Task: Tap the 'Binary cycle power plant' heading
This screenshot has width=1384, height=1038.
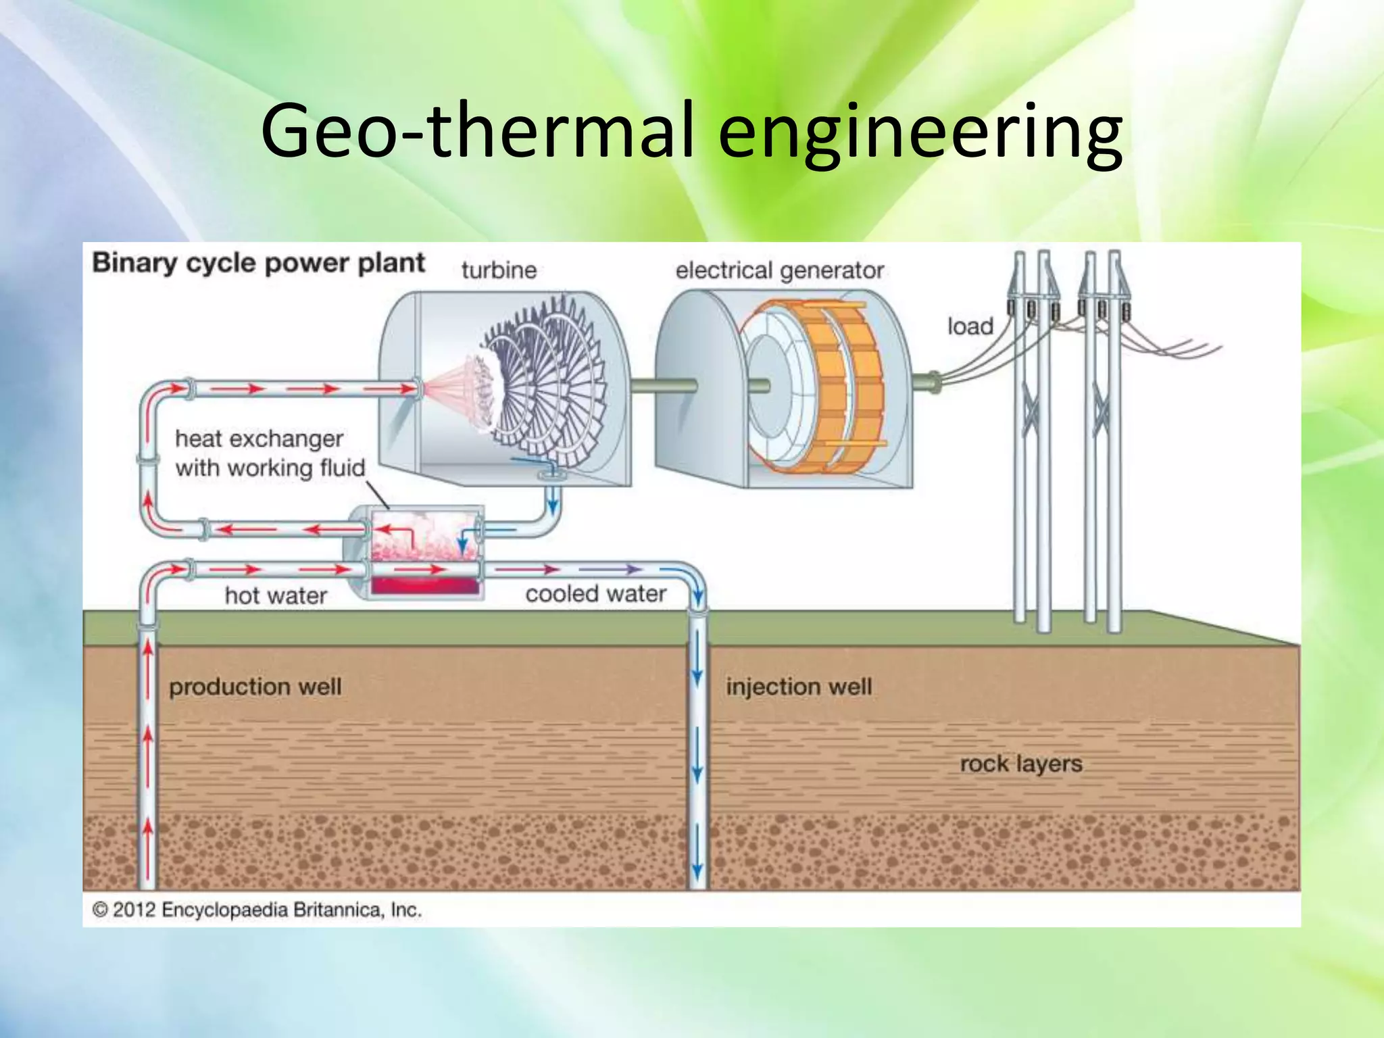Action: [x=258, y=263]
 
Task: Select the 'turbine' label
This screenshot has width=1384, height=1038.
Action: [x=499, y=270]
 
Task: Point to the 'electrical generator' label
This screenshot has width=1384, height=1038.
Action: [x=779, y=271]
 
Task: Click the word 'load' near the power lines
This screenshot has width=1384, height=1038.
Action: [x=970, y=326]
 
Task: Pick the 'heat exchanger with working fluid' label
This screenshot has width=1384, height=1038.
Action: [x=269, y=453]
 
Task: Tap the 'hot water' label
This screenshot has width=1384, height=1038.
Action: [x=276, y=595]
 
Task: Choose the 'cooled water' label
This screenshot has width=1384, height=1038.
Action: [x=595, y=594]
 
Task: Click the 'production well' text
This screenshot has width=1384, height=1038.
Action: [x=255, y=687]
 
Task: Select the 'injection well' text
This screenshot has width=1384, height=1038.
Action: [x=799, y=687]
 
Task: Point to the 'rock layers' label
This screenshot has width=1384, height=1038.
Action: [x=1020, y=764]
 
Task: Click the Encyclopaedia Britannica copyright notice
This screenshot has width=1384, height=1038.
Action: [x=257, y=910]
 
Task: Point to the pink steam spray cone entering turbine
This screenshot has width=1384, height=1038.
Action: [x=449, y=392]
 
